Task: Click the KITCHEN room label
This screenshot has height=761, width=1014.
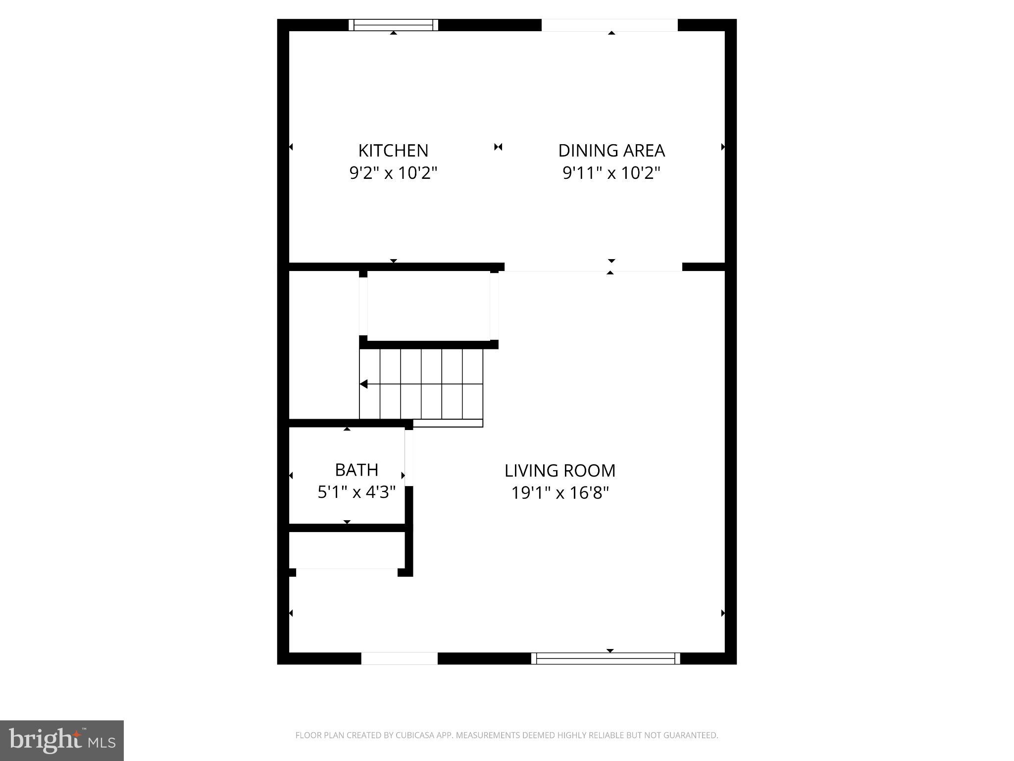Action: pos(393,150)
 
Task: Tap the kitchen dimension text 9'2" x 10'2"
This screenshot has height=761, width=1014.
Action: pos(393,173)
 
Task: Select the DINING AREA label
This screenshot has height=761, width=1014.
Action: pos(611,150)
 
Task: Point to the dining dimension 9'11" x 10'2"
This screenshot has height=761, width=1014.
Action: pos(611,173)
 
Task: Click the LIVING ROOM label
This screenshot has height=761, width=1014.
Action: pos(559,470)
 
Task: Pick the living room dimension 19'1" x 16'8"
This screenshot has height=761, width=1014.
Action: pos(559,493)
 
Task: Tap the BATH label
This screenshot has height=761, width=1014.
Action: pos(356,469)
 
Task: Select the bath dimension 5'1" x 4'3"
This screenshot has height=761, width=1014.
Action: pos(356,492)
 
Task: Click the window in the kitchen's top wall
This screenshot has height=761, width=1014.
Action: pos(393,25)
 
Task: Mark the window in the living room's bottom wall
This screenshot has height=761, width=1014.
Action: pos(606,658)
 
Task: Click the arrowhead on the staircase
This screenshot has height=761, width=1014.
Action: pos(363,384)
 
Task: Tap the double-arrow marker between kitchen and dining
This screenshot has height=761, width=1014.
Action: pos(498,147)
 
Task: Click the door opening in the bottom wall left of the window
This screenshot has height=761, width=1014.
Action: pos(399,658)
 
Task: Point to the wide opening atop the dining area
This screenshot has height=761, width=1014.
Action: pos(609,25)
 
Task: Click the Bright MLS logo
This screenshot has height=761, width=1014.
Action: pos(62,740)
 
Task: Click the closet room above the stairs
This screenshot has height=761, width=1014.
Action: pos(428,306)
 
